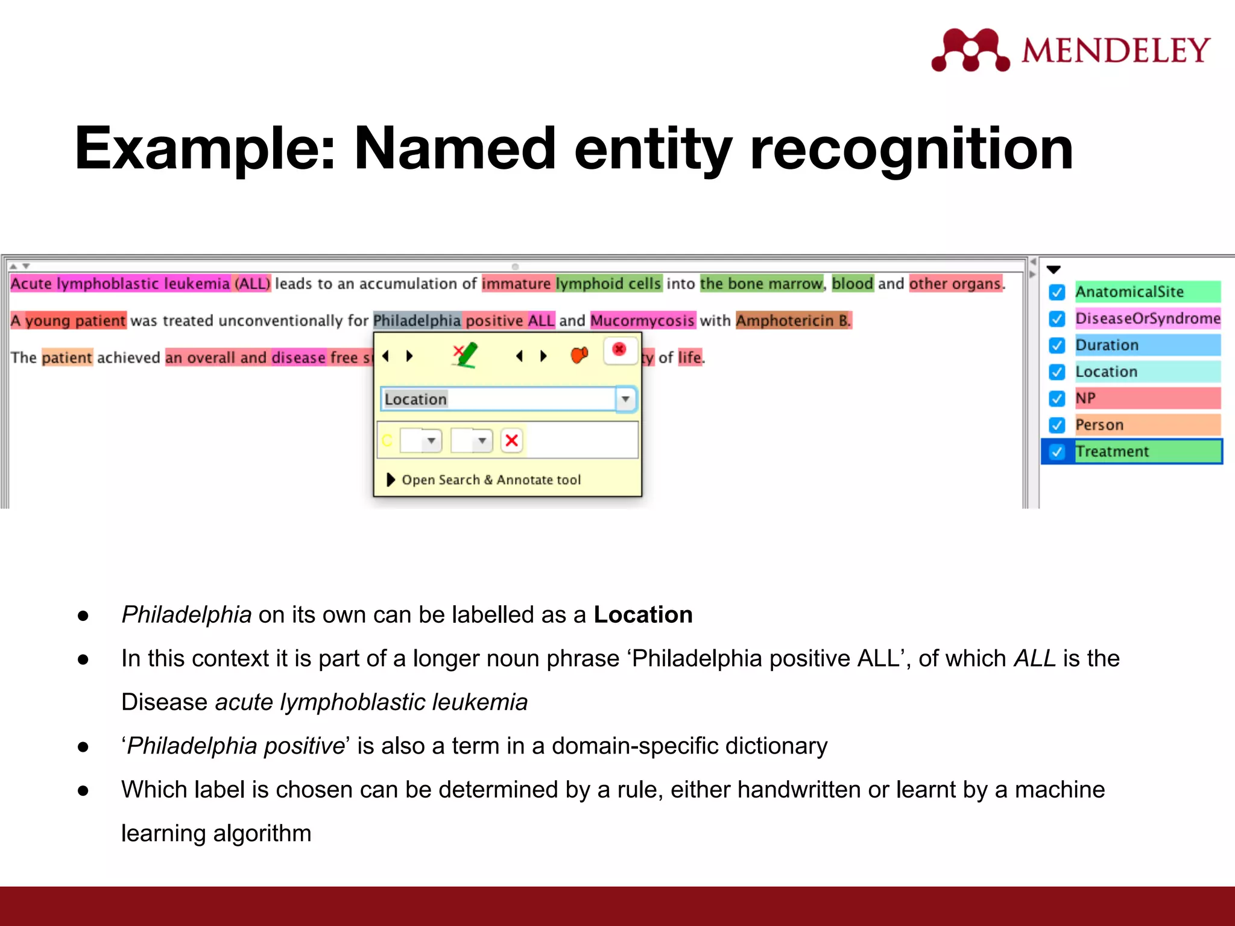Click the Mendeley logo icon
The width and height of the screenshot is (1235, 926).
tap(970, 50)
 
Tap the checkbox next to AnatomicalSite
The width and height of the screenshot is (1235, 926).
tap(1057, 292)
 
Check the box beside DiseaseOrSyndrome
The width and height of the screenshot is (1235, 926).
tap(1057, 319)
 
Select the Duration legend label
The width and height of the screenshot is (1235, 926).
tap(1107, 345)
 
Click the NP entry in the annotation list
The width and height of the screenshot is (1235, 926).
tap(1085, 398)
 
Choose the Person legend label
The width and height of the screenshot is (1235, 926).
tap(1099, 425)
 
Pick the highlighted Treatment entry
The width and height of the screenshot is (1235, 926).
tap(1113, 452)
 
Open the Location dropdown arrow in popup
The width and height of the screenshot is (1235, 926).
tap(625, 399)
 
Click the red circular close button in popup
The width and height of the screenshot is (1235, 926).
tap(619, 350)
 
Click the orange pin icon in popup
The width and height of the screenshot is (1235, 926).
tap(579, 355)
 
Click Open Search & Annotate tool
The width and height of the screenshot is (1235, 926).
tap(490, 480)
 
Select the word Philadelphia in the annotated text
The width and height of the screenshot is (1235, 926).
tap(417, 321)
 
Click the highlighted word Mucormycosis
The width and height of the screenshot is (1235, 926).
tap(642, 321)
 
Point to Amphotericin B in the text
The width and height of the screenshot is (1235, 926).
tap(792, 321)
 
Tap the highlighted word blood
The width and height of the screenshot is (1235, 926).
tap(852, 283)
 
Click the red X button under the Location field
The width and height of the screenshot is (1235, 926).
tap(511, 441)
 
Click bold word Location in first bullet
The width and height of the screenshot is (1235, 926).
tap(643, 615)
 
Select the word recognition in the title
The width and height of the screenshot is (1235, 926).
tap(911, 148)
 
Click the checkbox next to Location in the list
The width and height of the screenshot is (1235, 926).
tap(1057, 372)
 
